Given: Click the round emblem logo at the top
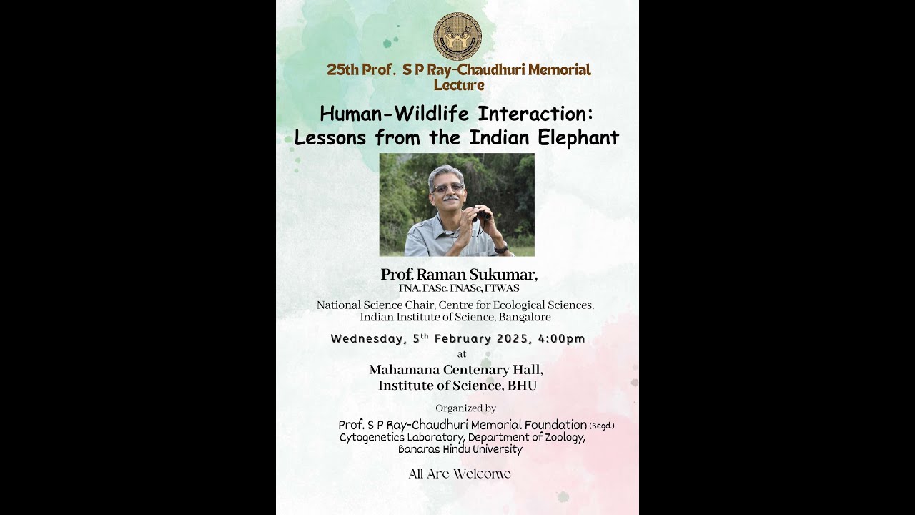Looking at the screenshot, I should [457, 36].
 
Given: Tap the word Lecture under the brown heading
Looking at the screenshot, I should [459, 85].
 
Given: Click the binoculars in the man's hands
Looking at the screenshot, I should [482, 214].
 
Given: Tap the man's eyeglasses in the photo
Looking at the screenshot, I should [448, 188].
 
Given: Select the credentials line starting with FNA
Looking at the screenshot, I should [459, 288].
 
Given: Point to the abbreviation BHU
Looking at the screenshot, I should [522, 386].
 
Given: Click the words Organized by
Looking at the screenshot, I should [465, 408].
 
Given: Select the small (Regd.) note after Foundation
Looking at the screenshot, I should [602, 426].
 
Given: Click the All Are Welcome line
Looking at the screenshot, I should [460, 474].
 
